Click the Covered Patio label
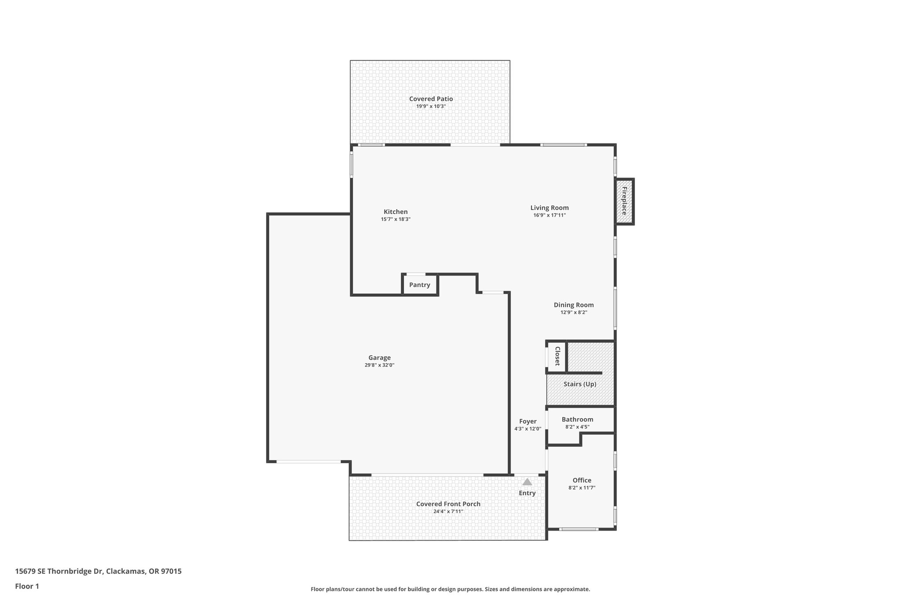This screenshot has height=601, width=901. click(x=431, y=99)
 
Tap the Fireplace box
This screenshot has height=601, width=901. click(x=624, y=201)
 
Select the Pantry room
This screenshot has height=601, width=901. click(x=420, y=285)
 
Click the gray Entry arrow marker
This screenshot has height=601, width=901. click(x=527, y=482)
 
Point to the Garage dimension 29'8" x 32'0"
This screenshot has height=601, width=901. click(x=379, y=365)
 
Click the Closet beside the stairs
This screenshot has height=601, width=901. click(x=557, y=356)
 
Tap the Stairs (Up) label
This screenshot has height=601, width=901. click(x=580, y=384)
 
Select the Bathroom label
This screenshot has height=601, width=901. click(x=577, y=420)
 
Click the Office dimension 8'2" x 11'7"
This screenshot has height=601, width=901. click(x=582, y=488)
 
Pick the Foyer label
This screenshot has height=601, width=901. click(x=527, y=421)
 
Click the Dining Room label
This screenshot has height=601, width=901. click(x=574, y=305)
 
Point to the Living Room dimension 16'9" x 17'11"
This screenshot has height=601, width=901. click(x=549, y=215)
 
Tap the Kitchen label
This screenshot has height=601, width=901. click(x=396, y=212)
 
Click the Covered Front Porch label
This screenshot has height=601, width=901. click(x=448, y=504)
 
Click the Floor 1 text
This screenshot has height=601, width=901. click(x=27, y=586)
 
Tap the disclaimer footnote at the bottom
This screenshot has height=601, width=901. click(x=450, y=589)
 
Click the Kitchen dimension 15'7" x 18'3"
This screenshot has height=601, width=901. click(x=396, y=219)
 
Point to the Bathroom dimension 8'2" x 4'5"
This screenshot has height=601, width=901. click(x=577, y=427)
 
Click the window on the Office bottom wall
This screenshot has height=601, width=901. click(x=579, y=529)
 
